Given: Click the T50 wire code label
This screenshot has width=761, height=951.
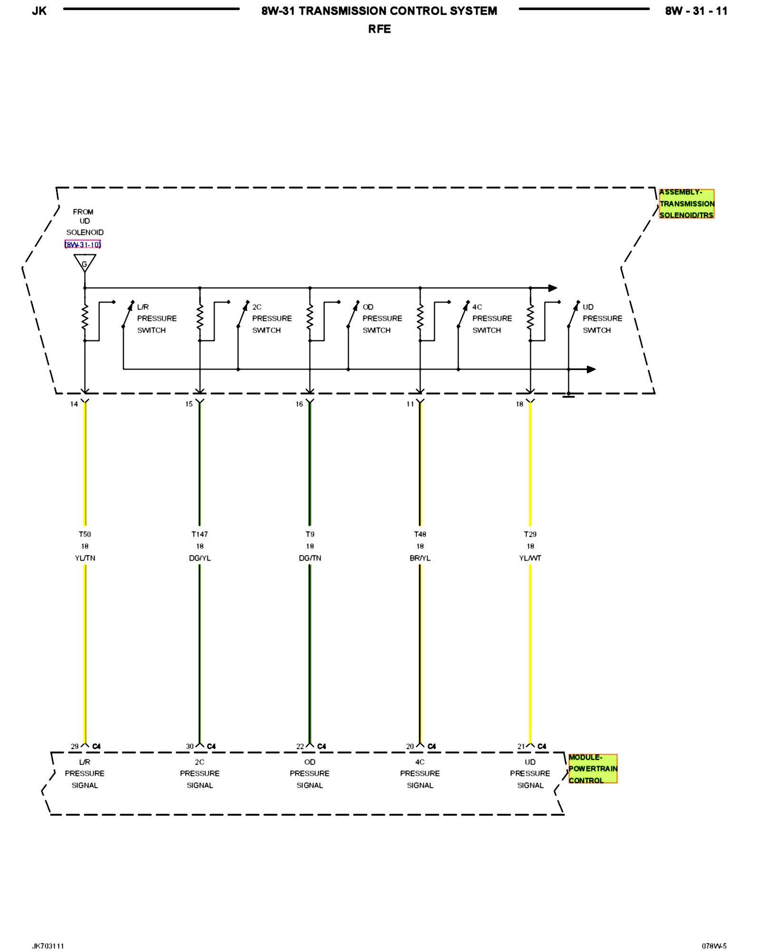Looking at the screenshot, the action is (85, 534).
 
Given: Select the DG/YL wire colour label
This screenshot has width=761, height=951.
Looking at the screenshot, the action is (200, 558).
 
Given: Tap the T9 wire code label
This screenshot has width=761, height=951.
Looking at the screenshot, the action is (310, 534).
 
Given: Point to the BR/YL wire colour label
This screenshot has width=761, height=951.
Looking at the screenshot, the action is (420, 558).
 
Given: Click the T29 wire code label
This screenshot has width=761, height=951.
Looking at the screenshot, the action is (530, 534).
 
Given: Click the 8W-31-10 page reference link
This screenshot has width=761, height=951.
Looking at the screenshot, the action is (83, 245).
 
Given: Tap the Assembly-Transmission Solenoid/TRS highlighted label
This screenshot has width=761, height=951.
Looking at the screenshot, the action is (686, 204).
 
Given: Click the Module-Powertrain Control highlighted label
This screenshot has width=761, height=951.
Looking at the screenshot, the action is (593, 769).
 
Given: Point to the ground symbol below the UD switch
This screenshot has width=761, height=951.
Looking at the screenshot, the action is (568, 395).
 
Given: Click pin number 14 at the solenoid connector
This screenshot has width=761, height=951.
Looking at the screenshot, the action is (74, 404).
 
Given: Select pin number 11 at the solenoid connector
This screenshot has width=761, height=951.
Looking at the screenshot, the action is (410, 404).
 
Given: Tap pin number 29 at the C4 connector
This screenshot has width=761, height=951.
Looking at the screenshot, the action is (75, 747).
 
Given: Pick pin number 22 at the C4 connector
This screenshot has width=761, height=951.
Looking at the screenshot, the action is (300, 747).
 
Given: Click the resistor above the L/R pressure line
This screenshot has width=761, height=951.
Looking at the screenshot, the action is (85, 317).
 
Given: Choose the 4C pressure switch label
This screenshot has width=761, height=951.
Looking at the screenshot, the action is (492, 319).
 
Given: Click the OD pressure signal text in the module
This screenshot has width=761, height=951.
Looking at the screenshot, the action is (310, 774).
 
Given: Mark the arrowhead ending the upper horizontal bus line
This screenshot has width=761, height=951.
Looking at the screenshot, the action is (553, 288).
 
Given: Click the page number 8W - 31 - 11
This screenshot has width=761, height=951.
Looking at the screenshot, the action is (696, 11).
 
